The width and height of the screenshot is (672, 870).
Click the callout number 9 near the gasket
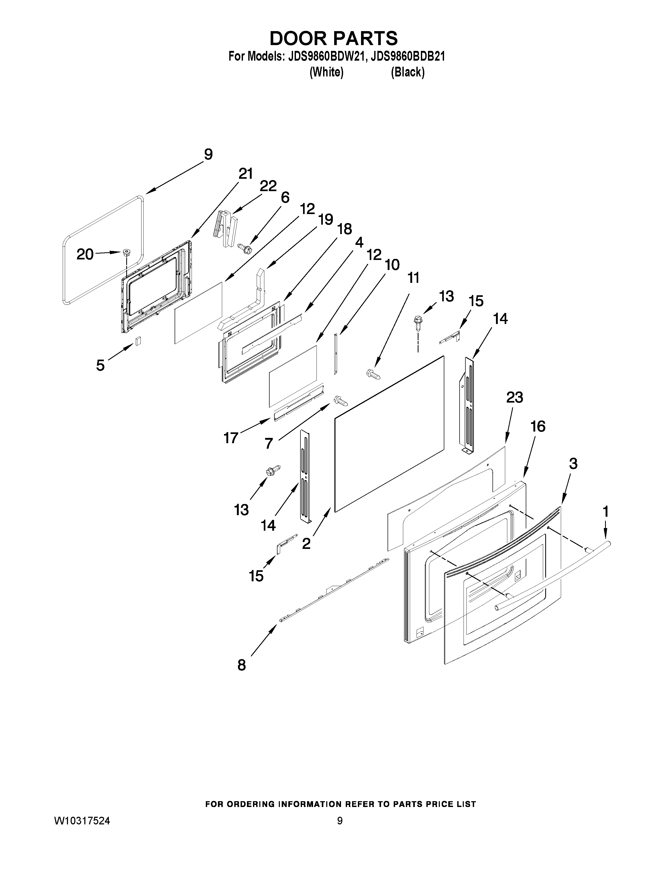(x=208, y=154)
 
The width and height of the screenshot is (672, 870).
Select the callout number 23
(x=514, y=397)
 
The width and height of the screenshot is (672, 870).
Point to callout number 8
(x=242, y=665)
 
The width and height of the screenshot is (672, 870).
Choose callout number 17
(x=231, y=438)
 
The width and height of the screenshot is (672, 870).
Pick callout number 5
(x=100, y=365)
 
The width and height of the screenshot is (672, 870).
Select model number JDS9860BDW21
(x=324, y=57)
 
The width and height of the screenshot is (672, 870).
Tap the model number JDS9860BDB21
(x=407, y=57)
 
